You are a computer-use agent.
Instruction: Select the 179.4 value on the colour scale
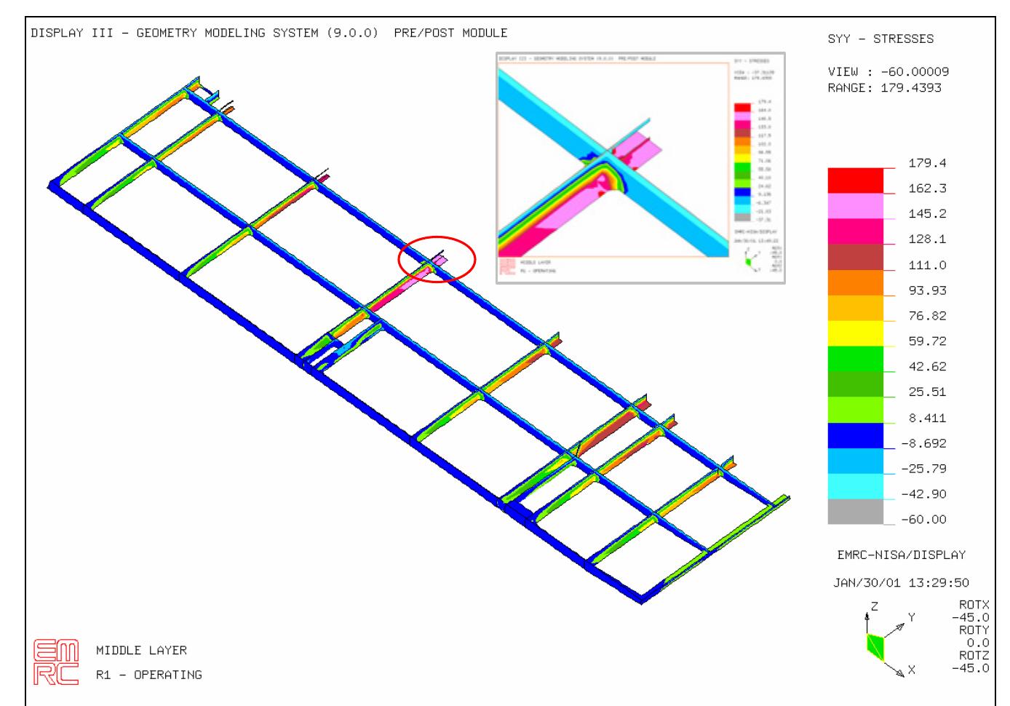[927, 163]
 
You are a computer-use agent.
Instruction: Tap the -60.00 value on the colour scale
[923, 520]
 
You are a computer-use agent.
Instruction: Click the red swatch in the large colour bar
[855, 181]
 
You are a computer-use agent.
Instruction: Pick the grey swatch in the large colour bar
[855, 511]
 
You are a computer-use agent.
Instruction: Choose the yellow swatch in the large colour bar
[855, 333]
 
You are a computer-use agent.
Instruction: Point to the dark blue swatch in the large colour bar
[855, 435]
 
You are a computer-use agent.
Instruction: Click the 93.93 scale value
[927, 290]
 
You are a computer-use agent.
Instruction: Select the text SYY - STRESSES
[880, 39]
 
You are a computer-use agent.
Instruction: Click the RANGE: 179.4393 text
[884, 88]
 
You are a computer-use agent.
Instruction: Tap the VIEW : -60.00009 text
[888, 72]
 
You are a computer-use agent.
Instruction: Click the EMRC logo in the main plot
[56, 662]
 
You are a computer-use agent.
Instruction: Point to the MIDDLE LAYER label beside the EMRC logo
[141, 651]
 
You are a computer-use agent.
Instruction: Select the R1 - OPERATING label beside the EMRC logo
[149, 675]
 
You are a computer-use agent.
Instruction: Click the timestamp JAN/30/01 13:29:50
[901, 583]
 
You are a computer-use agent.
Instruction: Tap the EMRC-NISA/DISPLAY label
[901, 555]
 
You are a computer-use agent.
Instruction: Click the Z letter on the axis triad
[874, 606]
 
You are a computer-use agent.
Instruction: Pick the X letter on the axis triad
[911, 670]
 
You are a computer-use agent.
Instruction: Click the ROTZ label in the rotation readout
[974, 656]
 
